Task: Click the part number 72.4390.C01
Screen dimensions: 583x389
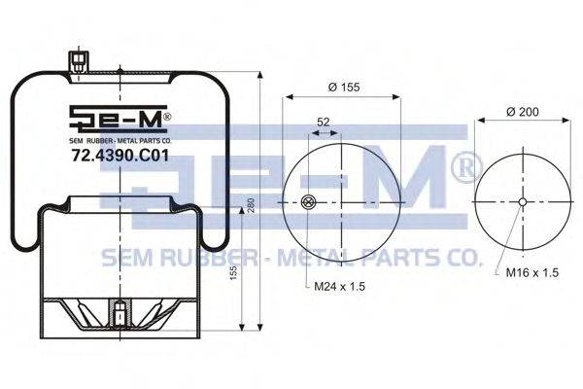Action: pos(120,156)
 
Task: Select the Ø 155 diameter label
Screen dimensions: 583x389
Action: pos(344,87)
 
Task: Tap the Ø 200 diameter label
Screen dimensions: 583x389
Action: pos(523,111)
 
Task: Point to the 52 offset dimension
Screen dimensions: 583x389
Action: pos(324,122)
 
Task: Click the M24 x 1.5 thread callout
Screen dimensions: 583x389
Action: pos(340,286)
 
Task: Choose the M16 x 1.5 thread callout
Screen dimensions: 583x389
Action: pos(532,272)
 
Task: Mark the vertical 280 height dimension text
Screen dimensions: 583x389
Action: pos(251,205)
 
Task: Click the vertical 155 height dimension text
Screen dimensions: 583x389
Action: pos(233,272)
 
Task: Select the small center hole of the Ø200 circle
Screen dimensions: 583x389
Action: pos(523,202)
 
